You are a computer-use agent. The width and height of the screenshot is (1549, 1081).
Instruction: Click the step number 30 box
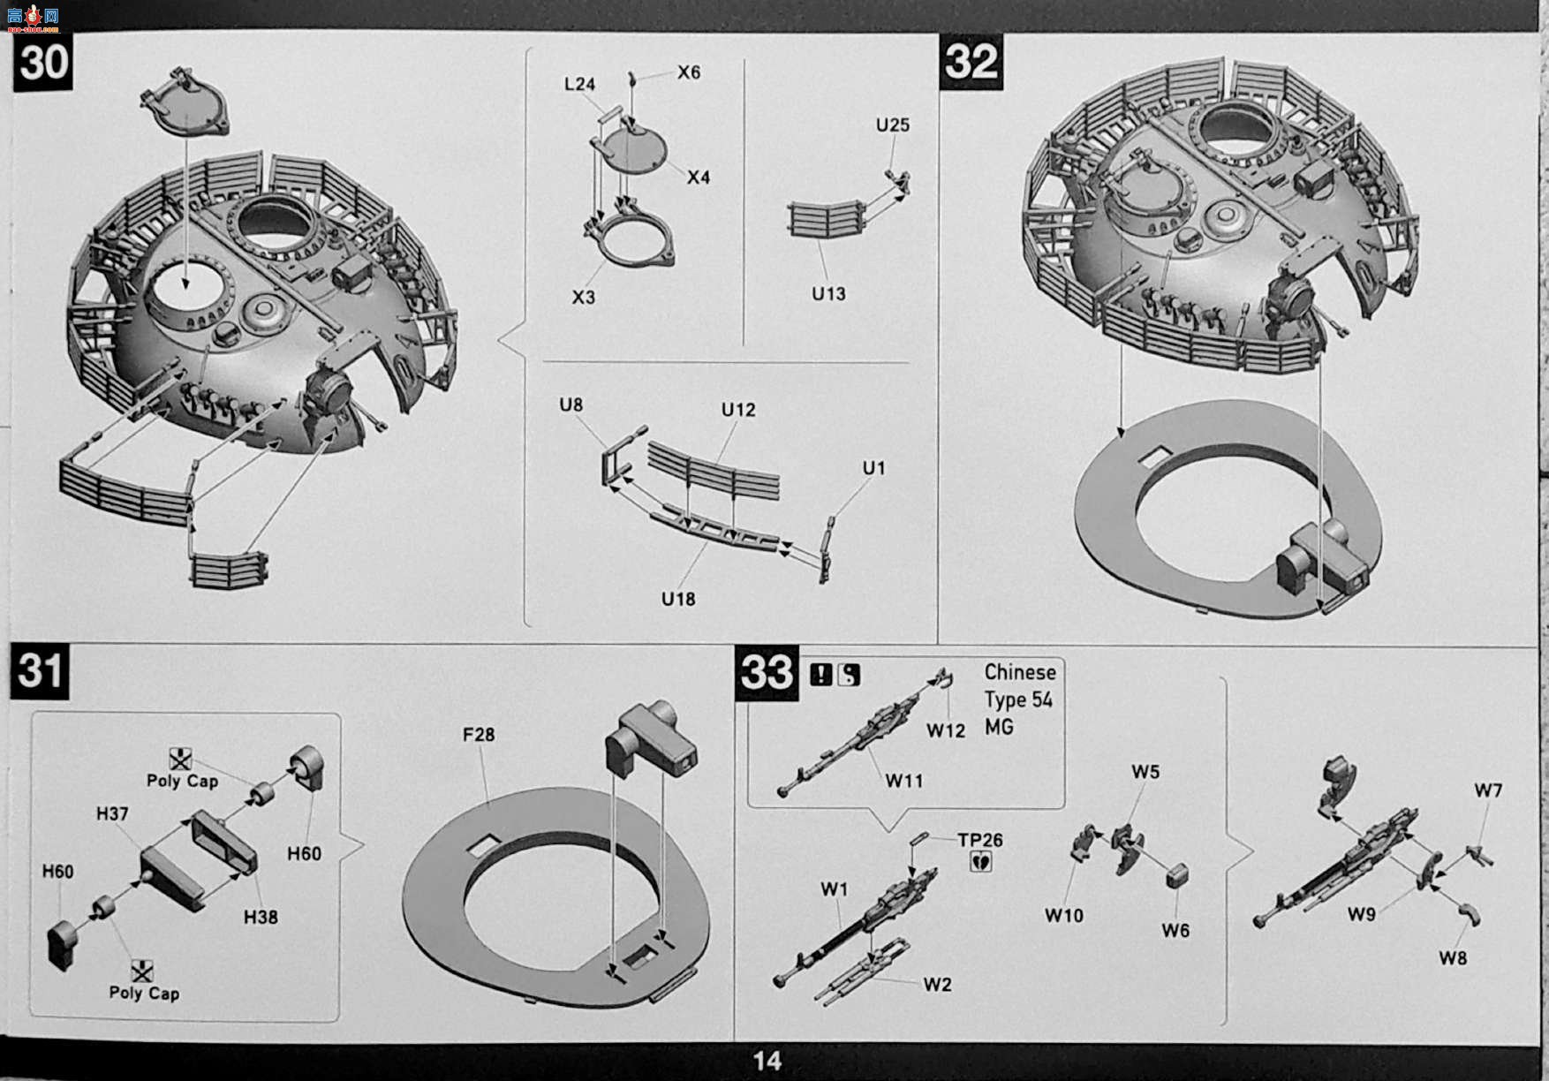[x=43, y=62]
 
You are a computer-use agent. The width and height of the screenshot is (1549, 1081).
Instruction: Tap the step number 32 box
[x=971, y=62]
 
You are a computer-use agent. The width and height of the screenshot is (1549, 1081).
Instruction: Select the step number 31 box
[x=40, y=671]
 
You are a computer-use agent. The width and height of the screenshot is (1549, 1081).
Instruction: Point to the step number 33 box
[x=767, y=673]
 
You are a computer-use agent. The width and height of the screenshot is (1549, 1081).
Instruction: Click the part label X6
[x=689, y=72]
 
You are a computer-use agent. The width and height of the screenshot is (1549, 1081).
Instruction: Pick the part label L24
[x=579, y=84]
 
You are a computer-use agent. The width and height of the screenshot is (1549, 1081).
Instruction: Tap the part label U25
[x=893, y=125]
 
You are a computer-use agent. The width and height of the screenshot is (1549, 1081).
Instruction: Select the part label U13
[x=829, y=293]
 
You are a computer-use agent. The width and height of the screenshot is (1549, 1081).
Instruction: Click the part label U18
[x=678, y=599]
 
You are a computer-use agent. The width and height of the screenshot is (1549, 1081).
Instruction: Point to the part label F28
[x=478, y=734]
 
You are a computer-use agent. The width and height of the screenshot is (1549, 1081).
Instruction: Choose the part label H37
[x=112, y=813]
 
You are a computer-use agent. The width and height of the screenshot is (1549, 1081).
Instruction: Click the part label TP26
[x=981, y=840]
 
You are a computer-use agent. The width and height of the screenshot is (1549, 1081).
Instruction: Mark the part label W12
[x=946, y=730]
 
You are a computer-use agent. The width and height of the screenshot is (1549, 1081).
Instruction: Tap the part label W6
[x=1175, y=930]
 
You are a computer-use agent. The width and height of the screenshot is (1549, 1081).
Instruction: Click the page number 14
[x=767, y=1061]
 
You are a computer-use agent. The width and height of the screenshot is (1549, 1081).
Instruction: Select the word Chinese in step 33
[x=1020, y=672]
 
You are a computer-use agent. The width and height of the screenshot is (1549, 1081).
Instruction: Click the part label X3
[x=584, y=297]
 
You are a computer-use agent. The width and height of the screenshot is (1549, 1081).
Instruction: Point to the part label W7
[x=1488, y=790]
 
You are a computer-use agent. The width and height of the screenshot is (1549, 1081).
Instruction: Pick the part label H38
[x=261, y=917]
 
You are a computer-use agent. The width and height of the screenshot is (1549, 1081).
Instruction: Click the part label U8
[x=571, y=404]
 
